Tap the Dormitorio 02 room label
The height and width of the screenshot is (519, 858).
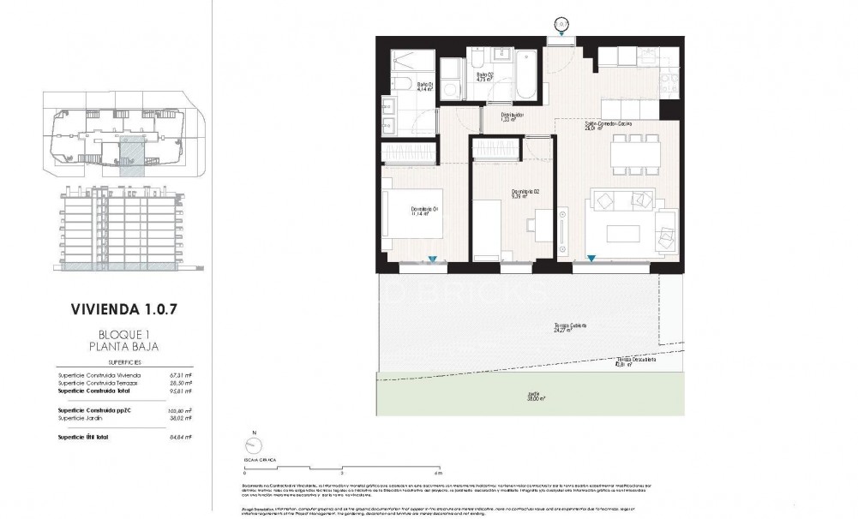pos(525,194)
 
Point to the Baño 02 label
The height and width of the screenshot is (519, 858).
pos(485,77)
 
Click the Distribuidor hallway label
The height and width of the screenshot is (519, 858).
pos(512,116)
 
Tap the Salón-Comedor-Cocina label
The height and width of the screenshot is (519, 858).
pos(609,126)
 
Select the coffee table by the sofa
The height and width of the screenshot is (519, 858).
pos(623,233)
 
